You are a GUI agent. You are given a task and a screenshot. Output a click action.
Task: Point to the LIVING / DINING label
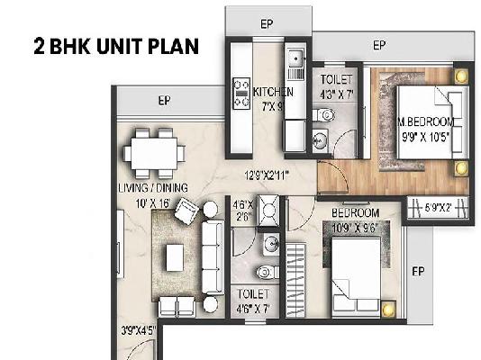[x=152, y=187]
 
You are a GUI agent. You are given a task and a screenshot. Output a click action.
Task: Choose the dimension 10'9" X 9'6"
[x=355, y=228]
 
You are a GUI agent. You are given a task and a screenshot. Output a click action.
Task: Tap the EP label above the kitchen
[x=267, y=24]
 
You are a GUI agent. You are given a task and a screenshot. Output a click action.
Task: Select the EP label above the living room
[x=164, y=100]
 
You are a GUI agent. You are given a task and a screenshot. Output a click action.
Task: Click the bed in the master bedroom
[x=423, y=124]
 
